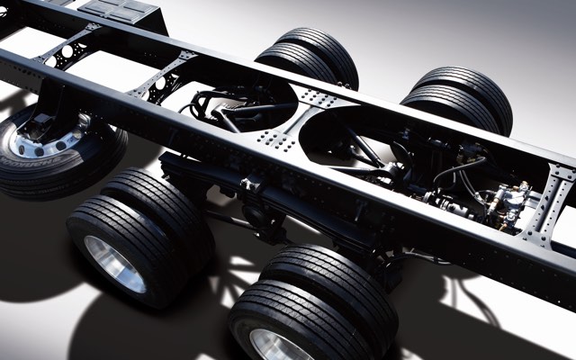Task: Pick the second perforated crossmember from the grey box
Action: (x=162, y=77)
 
